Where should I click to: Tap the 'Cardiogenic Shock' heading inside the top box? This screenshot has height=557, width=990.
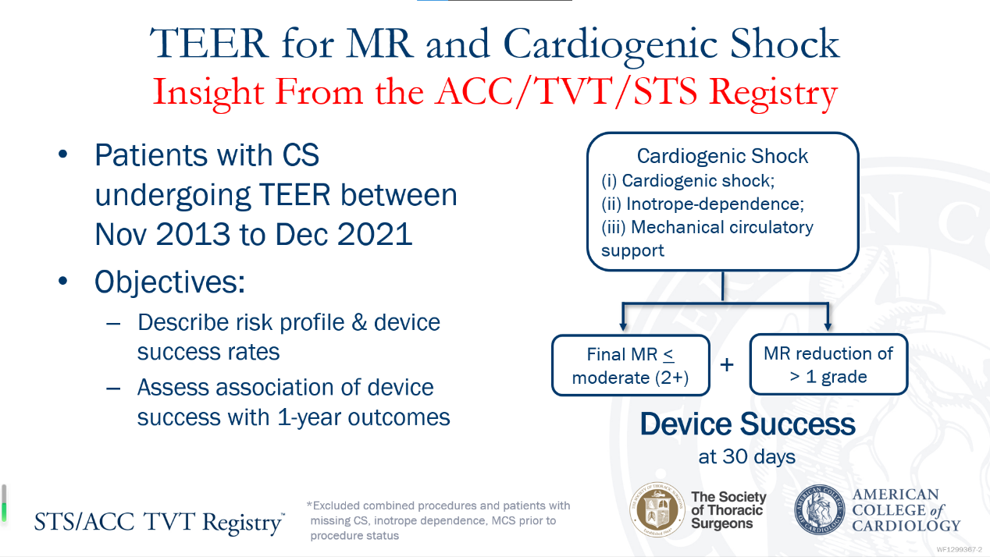722,156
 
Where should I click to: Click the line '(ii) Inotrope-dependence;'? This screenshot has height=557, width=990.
703,204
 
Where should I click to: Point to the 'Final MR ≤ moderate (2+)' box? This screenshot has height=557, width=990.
631,366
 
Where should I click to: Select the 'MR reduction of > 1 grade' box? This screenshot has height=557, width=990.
828,364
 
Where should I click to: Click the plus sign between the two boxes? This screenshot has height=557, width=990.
727,364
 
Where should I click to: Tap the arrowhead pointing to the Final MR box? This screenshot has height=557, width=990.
621,327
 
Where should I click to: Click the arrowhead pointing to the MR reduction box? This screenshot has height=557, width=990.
828,327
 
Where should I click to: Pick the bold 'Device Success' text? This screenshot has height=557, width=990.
747,425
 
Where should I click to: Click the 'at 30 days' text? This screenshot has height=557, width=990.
747,457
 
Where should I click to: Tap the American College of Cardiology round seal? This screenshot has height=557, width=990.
820,510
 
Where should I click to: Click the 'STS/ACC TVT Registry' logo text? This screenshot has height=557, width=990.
159,522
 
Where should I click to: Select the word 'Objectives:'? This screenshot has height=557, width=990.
170,282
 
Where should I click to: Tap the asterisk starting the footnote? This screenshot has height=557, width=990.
309,506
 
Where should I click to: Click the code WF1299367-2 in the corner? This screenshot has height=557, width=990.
959,549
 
